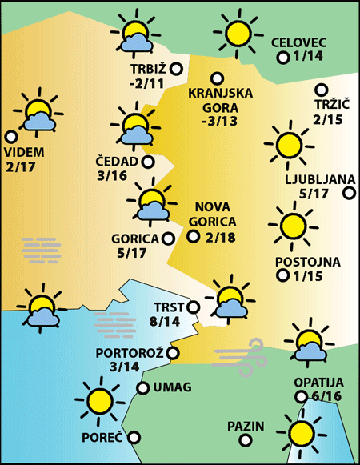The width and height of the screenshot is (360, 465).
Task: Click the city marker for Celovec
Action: coord(282,58)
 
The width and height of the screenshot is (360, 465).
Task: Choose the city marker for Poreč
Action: coord(134,437)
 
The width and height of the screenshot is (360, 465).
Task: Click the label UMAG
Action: coord(171,388)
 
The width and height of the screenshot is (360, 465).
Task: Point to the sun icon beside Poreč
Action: coord(99,400)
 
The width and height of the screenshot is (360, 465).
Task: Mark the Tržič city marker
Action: coord(322,90)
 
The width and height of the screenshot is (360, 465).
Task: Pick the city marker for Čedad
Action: coord(148,162)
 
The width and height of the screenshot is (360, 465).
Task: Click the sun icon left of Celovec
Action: coord(238,34)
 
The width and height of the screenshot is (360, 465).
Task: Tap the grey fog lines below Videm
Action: coord(42,251)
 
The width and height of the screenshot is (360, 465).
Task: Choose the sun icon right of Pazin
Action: coord(302,434)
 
